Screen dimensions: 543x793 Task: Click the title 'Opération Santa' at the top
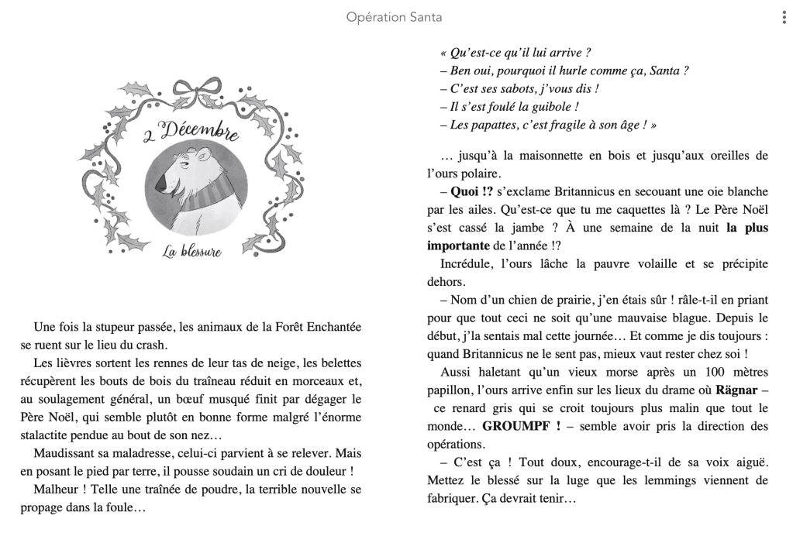click(x=395, y=17)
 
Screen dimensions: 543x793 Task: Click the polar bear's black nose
click(x=160, y=187)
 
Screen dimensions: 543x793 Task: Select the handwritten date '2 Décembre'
click(x=191, y=133)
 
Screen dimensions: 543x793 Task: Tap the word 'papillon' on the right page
click(x=450, y=390)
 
